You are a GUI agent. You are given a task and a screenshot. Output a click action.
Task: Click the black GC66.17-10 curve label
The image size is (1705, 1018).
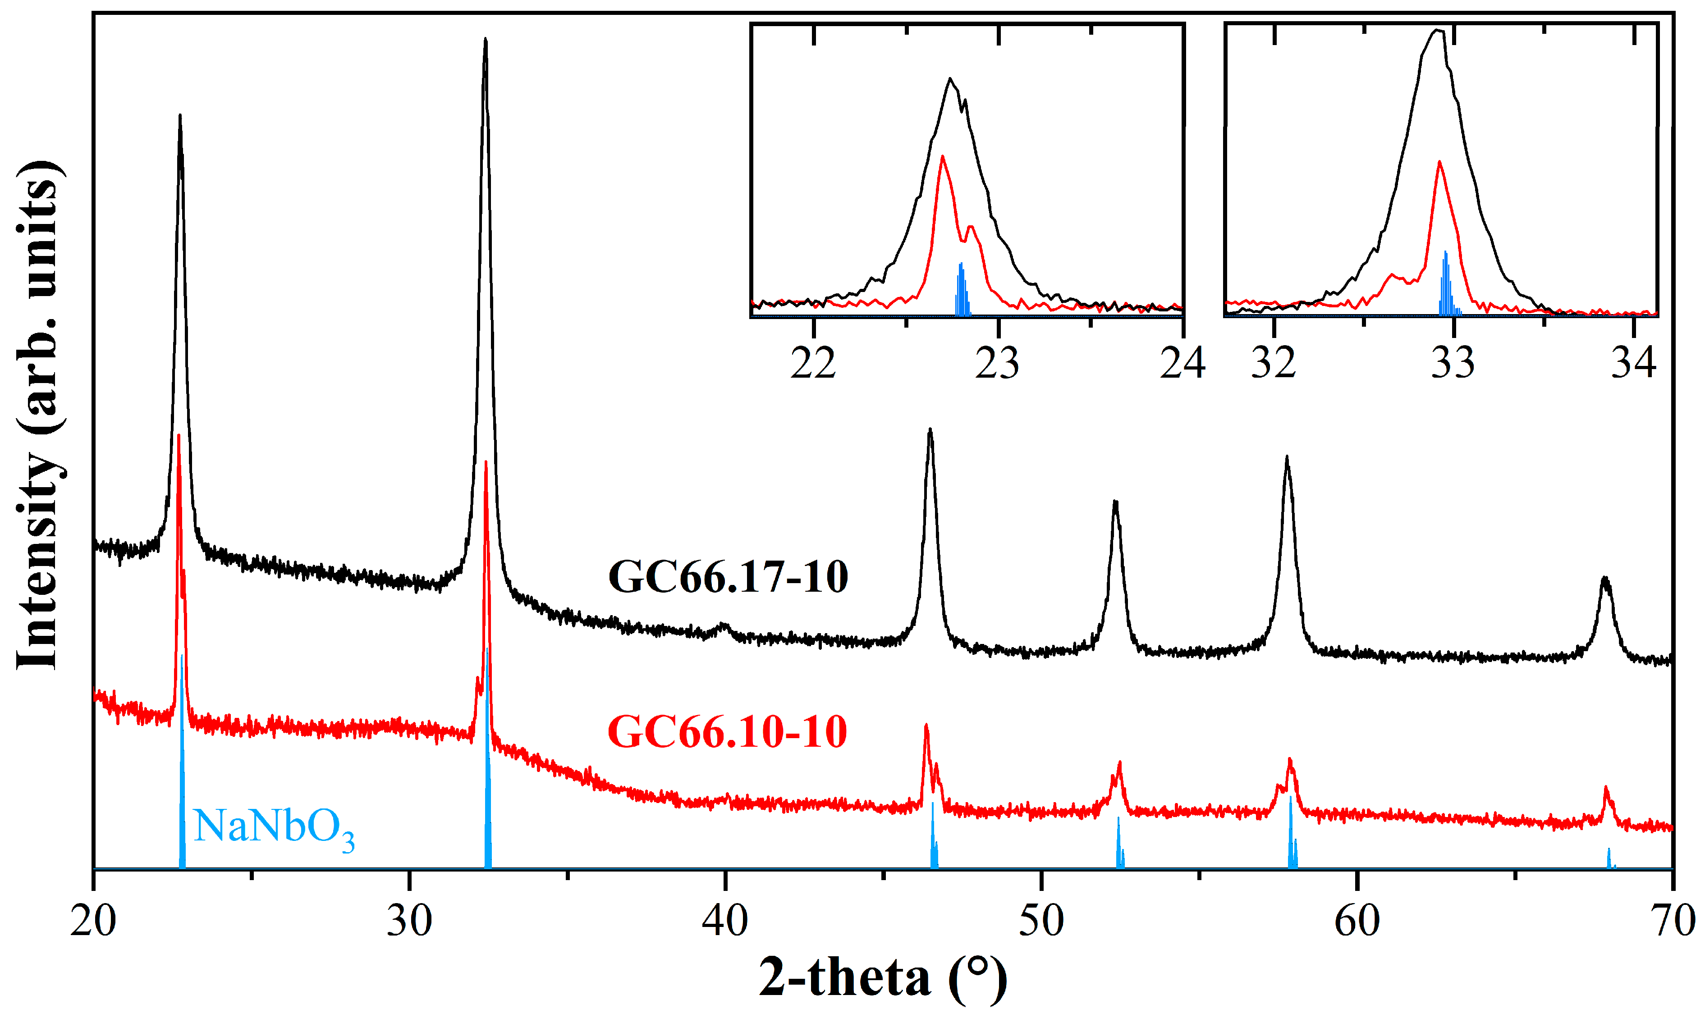pos(728,577)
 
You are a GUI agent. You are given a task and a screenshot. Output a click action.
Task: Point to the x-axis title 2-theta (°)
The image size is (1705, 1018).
pos(883,977)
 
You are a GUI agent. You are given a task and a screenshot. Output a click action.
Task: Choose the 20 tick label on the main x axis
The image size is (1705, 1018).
pos(93,921)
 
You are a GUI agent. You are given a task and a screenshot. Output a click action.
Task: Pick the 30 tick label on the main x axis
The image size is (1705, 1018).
pos(410,921)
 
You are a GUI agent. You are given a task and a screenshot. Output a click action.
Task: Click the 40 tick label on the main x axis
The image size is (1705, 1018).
pos(725,921)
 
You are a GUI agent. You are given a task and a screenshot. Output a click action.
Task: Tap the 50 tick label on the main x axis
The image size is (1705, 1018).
pos(1041,921)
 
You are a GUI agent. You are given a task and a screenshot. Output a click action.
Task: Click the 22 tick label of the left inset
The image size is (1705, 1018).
pos(814,363)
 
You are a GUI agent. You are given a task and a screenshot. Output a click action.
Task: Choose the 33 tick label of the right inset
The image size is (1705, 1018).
pos(1453,363)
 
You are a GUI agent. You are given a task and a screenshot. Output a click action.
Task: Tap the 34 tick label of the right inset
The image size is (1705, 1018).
pos(1634,363)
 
